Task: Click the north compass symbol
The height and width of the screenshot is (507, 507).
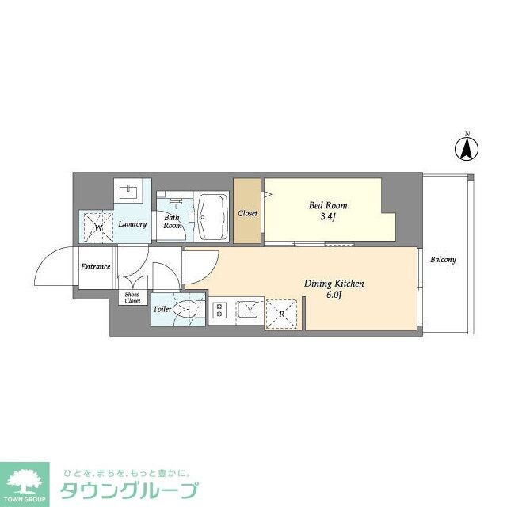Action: (468, 147)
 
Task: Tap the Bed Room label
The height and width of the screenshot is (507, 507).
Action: (328, 205)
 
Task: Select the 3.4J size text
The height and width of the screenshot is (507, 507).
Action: (328, 217)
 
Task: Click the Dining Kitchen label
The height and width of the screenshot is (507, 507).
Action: (334, 283)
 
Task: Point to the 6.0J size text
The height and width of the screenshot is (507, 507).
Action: (334, 295)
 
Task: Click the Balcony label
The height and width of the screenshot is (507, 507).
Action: (443, 260)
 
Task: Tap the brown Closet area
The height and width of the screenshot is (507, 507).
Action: (247, 212)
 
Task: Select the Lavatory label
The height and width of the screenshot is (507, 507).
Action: (132, 224)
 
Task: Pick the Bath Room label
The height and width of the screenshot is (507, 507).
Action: (172, 221)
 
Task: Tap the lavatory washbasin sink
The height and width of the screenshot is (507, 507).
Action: (128, 192)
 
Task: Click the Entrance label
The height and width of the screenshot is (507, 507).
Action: (95, 266)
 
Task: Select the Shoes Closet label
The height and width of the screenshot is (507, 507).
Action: (132, 298)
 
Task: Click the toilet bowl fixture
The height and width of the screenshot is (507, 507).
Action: (188, 311)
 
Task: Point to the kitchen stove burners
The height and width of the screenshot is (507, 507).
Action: (219, 311)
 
